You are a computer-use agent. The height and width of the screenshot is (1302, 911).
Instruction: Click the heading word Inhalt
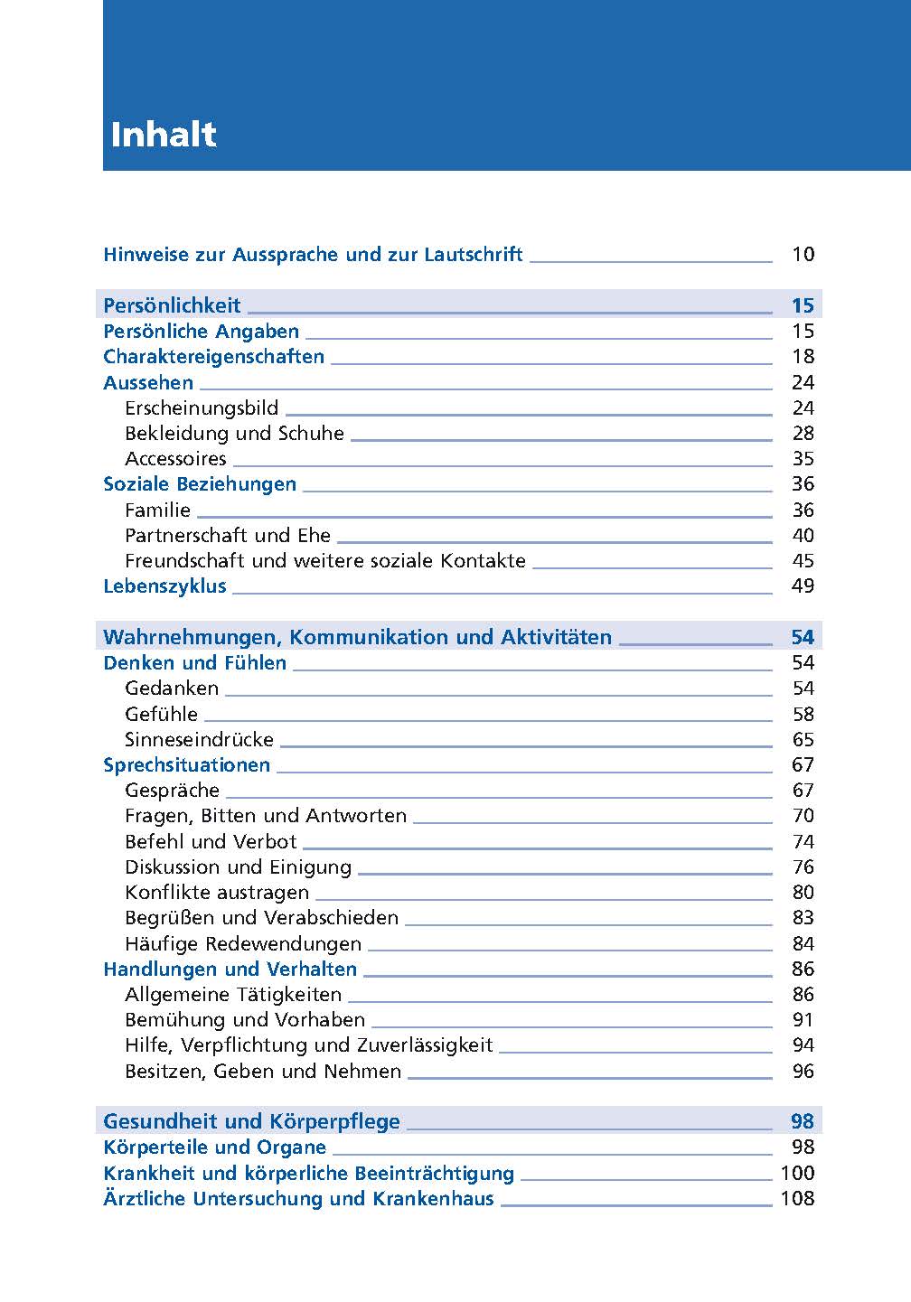tap(164, 135)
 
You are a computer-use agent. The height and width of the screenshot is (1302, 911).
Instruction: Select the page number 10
tap(803, 255)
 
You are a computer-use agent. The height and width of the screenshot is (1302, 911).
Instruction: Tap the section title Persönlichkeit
tap(172, 305)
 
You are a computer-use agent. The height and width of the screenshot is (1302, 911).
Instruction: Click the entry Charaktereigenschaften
tap(213, 357)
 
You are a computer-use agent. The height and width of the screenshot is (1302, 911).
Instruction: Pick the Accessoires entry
tap(175, 459)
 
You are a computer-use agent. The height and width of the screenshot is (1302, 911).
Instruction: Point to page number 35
tap(803, 459)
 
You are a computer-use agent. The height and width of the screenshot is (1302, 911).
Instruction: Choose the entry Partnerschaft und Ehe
tap(228, 536)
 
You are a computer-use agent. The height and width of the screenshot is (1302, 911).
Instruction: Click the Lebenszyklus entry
tap(164, 586)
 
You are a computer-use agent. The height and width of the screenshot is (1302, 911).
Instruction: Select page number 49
tap(803, 586)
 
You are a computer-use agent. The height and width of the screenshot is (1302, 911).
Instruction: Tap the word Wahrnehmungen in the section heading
tap(191, 638)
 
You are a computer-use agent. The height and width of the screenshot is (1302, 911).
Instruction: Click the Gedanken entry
tap(172, 688)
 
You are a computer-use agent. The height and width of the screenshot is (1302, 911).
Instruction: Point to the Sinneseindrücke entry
tap(199, 740)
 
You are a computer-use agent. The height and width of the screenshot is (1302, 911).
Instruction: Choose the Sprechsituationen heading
tap(186, 765)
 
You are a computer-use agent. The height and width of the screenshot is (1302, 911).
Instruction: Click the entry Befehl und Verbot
tap(211, 842)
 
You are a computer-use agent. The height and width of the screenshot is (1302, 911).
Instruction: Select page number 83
tap(803, 918)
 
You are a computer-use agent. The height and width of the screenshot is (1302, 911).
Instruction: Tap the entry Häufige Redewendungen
tap(243, 944)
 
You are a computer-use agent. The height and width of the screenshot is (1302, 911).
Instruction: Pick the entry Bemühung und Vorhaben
tap(245, 1020)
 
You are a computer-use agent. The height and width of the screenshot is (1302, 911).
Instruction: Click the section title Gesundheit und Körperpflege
tap(251, 1122)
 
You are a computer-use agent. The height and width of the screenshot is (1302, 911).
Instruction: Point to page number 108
tap(797, 1199)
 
